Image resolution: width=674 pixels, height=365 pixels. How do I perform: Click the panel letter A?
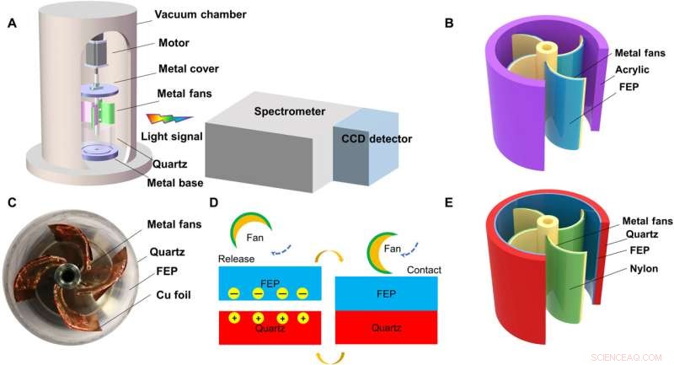click(13, 24)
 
